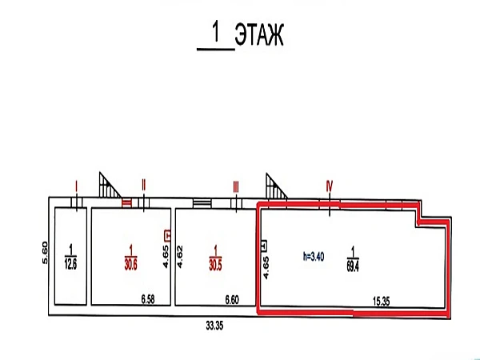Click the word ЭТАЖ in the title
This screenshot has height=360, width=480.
[x=259, y=34]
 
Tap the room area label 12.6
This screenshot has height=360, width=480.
[x=70, y=265]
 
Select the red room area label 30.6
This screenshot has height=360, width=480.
[x=130, y=265]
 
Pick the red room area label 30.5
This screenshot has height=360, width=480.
[x=215, y=265]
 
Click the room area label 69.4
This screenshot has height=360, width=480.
[x=353, y=266]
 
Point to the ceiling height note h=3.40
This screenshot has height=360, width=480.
[x=314, y=256]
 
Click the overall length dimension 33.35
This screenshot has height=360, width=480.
[x=214, y=326]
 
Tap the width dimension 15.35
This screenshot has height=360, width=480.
[x=382, y=302]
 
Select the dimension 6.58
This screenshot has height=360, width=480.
[x=148, y=299]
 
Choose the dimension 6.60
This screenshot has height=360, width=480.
[x=232, y=300]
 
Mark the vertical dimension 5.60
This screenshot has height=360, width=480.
[x=45, y=253]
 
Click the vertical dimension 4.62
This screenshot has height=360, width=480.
[x=180, y=257]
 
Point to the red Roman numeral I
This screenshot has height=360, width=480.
[x=77, y=186]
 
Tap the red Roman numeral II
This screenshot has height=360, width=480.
[x=144, y=185]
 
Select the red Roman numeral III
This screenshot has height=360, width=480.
[x=236, y=186]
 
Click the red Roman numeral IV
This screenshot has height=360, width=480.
[x=330, y=186]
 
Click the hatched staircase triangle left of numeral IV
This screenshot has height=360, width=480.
[x=274, y=188]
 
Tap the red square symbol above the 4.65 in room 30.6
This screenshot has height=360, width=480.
[x=167, y=235]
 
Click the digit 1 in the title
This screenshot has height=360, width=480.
[x=216, y=33]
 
